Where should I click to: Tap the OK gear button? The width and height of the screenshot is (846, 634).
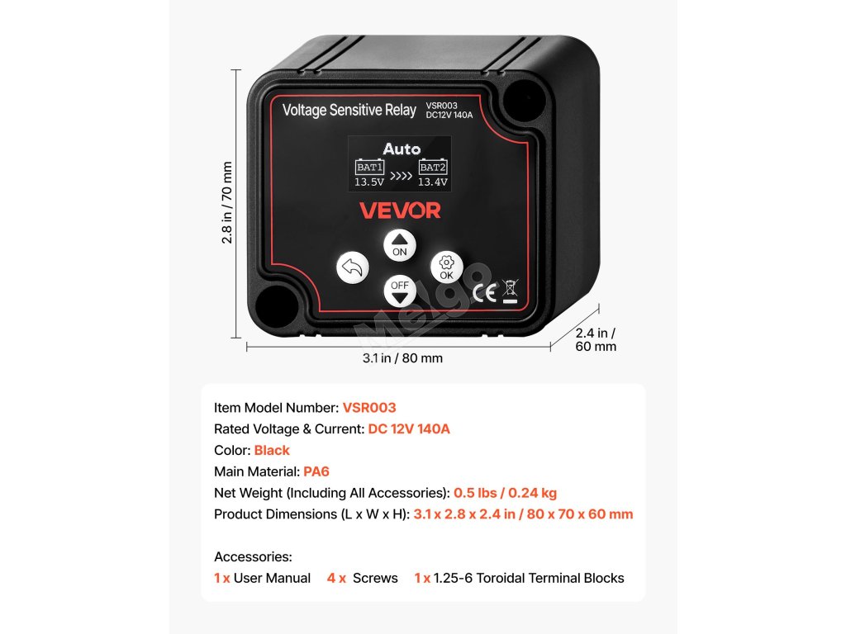[x=446, y=267]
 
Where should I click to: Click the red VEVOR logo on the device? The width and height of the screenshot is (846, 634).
[x=400, y=211]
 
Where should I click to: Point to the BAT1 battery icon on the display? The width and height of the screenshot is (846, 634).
[x=369, y=168]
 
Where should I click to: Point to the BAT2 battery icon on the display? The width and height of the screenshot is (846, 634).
[x=433, y=168]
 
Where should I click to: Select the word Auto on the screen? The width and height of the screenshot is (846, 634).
[x=402, y=149]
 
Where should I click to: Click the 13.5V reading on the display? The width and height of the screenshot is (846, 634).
[x=369, y=182]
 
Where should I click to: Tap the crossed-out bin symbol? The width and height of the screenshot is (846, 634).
[x=510, y=291]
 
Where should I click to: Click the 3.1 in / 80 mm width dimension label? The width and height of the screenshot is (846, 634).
[x=402, y=358]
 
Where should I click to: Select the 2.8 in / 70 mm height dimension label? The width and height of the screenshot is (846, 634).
[x=227, y=202]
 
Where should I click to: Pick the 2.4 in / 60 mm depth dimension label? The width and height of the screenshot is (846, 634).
[x=595, y=339]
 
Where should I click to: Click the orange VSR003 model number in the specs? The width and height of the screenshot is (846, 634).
[x=369, y=408]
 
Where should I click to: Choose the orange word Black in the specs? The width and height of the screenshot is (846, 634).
[x=272, y=451]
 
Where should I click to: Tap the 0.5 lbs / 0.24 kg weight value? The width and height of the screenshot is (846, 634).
[x=505, y=493]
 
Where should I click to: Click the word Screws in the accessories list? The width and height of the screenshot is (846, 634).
[x=375, y=578]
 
